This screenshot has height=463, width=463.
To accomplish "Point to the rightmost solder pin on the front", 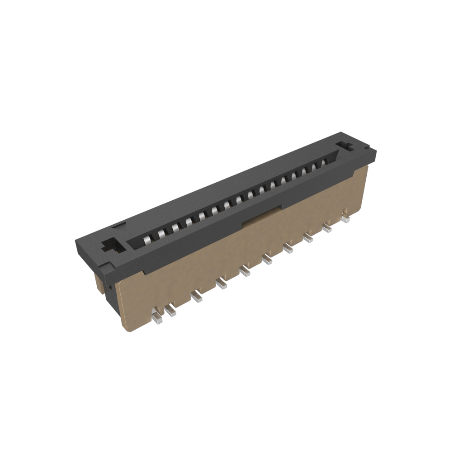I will point(346,218).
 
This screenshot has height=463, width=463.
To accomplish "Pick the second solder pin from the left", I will point(170,311).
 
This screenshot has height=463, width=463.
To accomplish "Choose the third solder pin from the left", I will point(196,297).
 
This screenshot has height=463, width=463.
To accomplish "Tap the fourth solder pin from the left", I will point(221,284).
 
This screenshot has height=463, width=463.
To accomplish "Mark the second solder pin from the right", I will point(326,228).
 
